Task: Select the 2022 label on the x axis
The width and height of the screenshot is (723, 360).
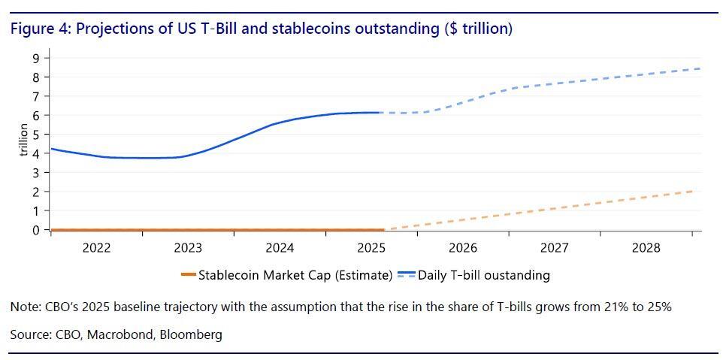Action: [x=97, y=248]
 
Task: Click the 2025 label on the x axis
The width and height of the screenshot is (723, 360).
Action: [x=371, y=248]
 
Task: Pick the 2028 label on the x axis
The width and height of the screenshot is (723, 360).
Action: [x=646, y=248]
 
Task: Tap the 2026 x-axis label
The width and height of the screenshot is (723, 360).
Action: [x=463, y=248]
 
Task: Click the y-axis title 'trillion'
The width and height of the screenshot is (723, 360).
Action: [x=24, y=140]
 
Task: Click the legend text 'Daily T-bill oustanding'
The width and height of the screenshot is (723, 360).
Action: [x=484, y=275]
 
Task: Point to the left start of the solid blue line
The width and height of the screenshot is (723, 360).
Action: [x=51, y=149]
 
